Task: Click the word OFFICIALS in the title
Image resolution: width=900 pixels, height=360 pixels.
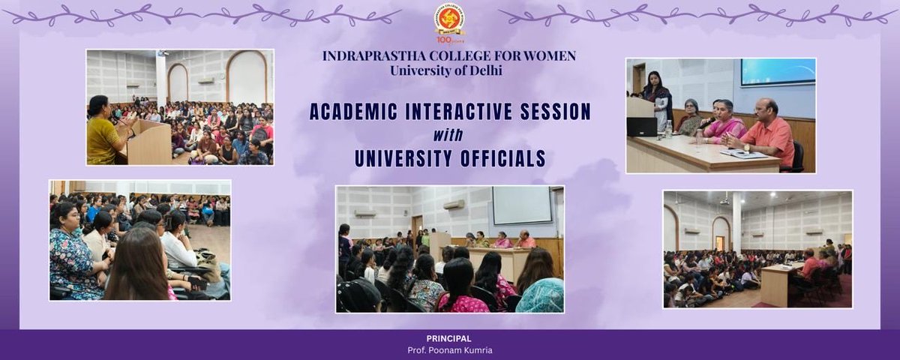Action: pos(501,159)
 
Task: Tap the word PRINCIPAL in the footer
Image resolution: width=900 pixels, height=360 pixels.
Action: pos(449,338)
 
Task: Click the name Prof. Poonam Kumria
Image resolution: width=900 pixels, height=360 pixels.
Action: pos(449,349)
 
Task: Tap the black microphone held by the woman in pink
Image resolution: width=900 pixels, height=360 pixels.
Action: pos(706,121)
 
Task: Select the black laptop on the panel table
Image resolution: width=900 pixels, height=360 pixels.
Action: pos(642,127)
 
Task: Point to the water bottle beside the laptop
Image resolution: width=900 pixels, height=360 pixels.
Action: pos(667,129)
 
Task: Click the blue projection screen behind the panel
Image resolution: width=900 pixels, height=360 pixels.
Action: pos(777,72)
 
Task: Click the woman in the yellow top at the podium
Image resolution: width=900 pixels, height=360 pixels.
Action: pos(103,133)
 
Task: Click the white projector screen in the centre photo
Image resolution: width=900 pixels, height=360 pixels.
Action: pos(521,205)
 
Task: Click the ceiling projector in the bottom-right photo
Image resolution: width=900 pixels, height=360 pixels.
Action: pos(725,200)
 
